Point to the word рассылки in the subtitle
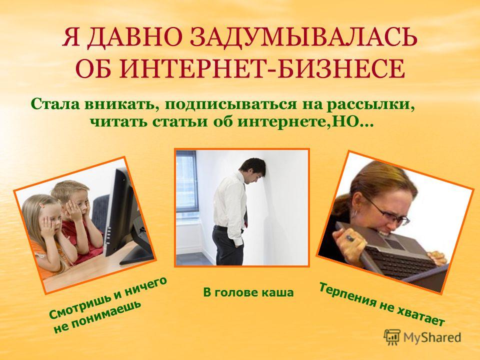[x=371, y=104]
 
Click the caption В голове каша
[x=248, y=292]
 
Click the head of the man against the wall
[x=253, y=170]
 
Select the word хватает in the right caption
[x=420, y=316]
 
